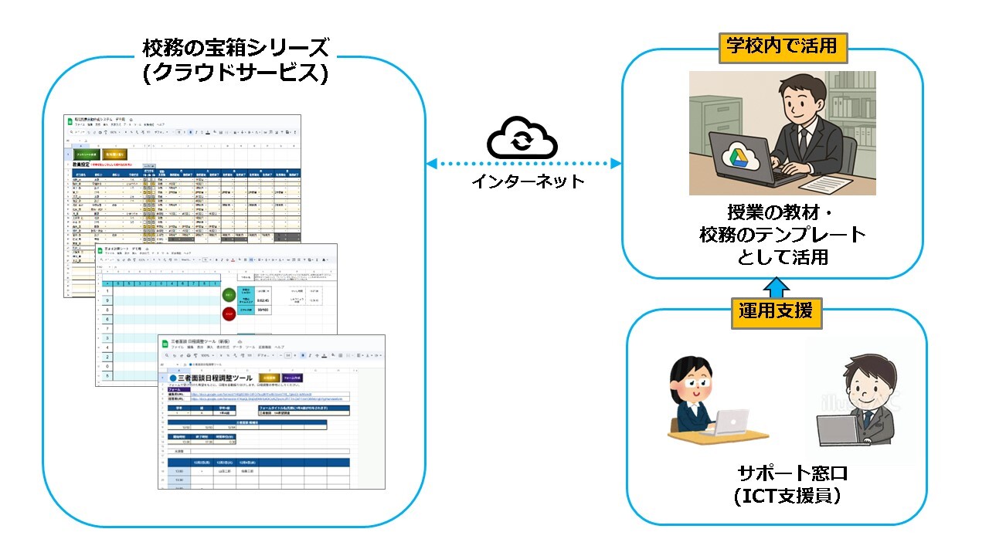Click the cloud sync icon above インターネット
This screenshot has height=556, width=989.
tap(522, 138)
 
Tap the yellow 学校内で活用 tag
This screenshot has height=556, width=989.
tap(782, 46)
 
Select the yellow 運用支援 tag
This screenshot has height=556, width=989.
tap(775, 311)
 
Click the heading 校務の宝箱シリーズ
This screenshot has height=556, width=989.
tap(236, 49)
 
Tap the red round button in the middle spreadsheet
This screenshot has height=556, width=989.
tap(229, 314)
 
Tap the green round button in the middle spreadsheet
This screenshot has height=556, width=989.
tap(229, 295)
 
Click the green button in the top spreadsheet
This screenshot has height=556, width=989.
tap(87, 154)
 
